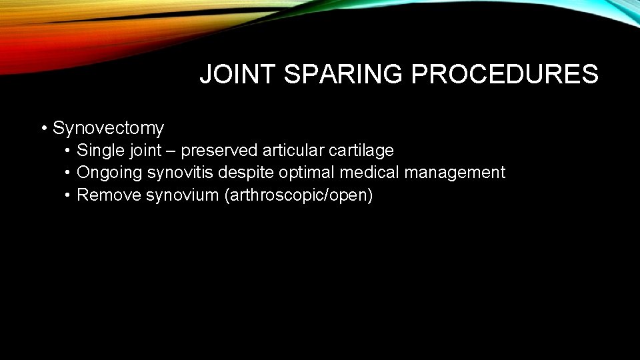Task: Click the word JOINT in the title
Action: [x=238, y=75]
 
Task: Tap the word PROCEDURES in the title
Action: [x=505, y=75]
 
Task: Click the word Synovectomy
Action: [x=108, y=127]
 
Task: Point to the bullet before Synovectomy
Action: [x=43, y=127]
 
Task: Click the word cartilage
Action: [x=363, y=151]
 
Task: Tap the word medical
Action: [x=370, y=173]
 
